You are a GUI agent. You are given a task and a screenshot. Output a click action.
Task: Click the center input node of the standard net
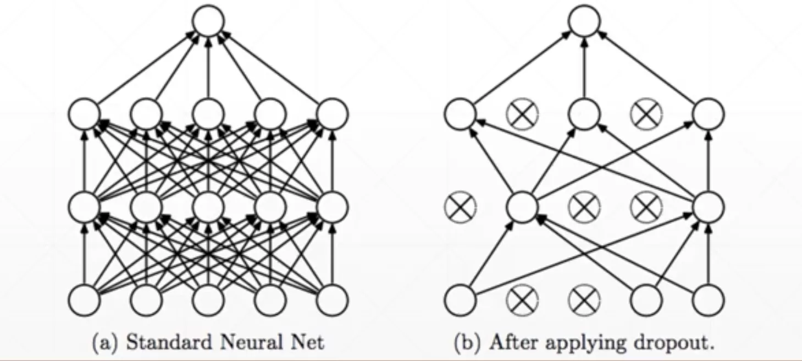coord(208,300)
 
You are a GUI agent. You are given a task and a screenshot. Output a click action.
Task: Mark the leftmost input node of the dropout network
coord(460,300)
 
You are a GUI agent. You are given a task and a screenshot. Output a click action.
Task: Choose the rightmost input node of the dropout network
coord(709,300)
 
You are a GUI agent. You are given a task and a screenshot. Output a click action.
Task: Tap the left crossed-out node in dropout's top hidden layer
coord(522,114)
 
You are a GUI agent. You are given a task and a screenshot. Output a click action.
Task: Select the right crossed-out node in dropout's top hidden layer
coord(646,114)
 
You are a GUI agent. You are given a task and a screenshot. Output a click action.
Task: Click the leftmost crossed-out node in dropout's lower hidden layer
coord(460,207)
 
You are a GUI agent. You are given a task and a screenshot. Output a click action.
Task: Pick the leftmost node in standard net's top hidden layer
coord(84,114)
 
